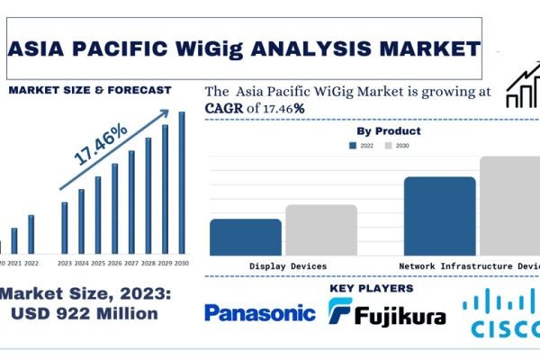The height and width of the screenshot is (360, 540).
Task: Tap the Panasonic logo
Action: coord(260,313)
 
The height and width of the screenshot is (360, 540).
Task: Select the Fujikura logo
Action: coord(387,313)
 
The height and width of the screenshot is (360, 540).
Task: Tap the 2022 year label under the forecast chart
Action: coord(31,264)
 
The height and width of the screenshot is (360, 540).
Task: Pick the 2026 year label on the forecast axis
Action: coord(114,264)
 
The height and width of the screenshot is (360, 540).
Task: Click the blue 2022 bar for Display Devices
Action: coord(246,237)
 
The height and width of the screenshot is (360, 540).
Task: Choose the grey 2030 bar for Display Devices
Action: coord(321,229)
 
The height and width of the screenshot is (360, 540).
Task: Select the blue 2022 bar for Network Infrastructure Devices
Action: coord(439,216)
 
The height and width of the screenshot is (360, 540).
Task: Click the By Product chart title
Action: coord(389,131)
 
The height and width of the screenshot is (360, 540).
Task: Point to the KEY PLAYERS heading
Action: coord(372,288)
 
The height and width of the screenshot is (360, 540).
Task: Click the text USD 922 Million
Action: coord(88,314)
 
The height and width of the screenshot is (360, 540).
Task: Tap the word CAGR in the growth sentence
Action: coord(223,108)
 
